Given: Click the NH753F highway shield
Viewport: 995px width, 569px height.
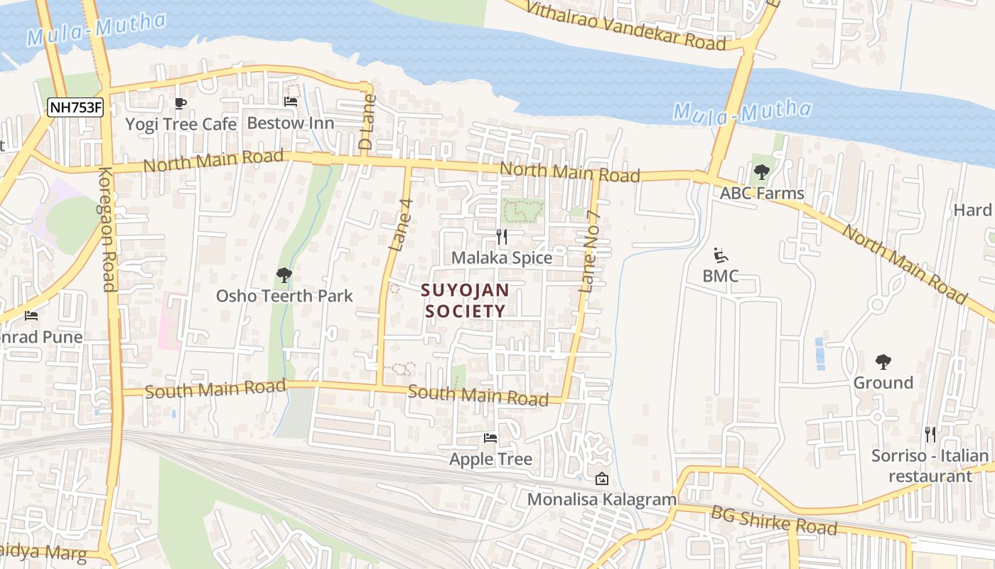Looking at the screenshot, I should [x=75, y=108].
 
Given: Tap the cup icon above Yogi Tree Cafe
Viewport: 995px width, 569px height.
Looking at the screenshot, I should [x=181, y=104].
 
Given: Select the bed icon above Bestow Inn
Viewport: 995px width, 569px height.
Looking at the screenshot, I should [x=290, y=102].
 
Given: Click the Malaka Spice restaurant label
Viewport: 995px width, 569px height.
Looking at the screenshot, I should [x=502, y=257].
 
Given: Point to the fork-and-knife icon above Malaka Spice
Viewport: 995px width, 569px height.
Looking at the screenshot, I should [x=502, y=237].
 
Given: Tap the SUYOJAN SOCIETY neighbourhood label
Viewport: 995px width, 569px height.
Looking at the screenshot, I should [x=465, y=300].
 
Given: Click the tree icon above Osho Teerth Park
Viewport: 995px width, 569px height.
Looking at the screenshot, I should [x=284, y=275].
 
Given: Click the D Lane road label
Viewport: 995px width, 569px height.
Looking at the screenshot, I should [x=367, y=127].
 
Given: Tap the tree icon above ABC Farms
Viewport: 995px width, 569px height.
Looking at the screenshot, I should [x=762, y=171].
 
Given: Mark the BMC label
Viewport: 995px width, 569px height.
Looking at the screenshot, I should [x=721, y=275].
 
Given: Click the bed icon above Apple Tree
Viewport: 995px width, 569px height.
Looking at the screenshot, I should [x=490, y=437].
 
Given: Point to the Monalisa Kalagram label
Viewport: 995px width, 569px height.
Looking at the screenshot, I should [x=601, y=499].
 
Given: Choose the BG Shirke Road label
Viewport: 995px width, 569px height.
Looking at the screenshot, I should [x=773, y=520].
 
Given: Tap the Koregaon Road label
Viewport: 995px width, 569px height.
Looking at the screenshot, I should [x=107, y=229].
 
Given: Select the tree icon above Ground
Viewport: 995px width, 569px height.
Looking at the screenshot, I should [x=883, y=362].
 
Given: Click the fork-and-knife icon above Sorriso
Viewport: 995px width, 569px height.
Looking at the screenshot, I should [x=930, y=434].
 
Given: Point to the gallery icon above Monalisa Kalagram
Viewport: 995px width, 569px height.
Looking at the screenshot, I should [x=601, y=479].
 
